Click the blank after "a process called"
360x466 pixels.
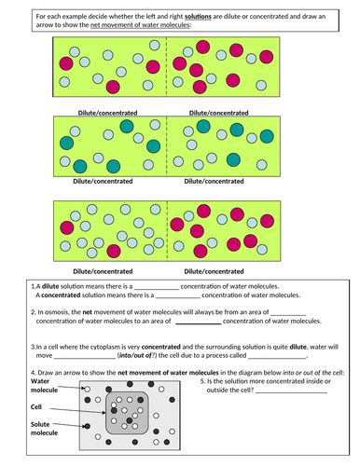click(279, 355)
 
